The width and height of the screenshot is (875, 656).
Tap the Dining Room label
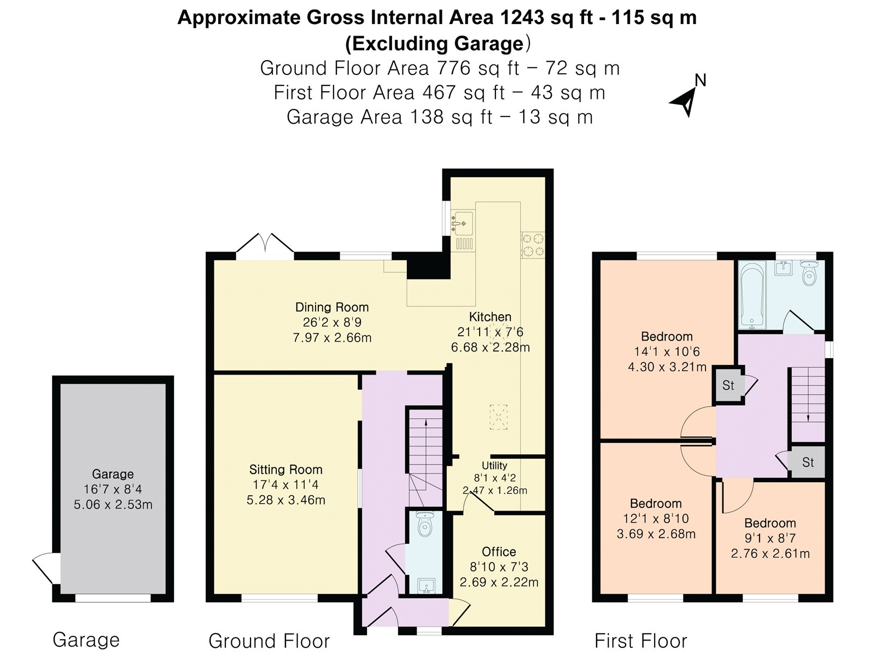(x=332, y=307)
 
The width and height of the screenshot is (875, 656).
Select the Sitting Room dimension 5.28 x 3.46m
(x=286, y=500)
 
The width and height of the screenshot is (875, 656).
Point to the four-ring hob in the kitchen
(x=533, y=244)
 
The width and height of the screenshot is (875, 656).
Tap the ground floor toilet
(x=424, y=525)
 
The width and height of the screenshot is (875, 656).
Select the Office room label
(x=499, y=552)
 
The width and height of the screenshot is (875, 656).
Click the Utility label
(x=494, y=466)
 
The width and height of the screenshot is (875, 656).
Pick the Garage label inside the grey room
(x=113, y=474)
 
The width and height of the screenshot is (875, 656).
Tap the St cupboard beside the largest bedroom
(x=728, y=385)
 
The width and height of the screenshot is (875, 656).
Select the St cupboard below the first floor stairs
(x=808, y=462)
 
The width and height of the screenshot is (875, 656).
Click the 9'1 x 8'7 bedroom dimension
(x=770, y=538)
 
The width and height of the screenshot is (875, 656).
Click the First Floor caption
(x=640, y=640)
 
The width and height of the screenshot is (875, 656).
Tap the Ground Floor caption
(x=269, y=640)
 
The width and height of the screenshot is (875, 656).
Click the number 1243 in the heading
(x=522, y=17)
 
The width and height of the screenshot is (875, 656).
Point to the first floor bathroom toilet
(x=808, y=273)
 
